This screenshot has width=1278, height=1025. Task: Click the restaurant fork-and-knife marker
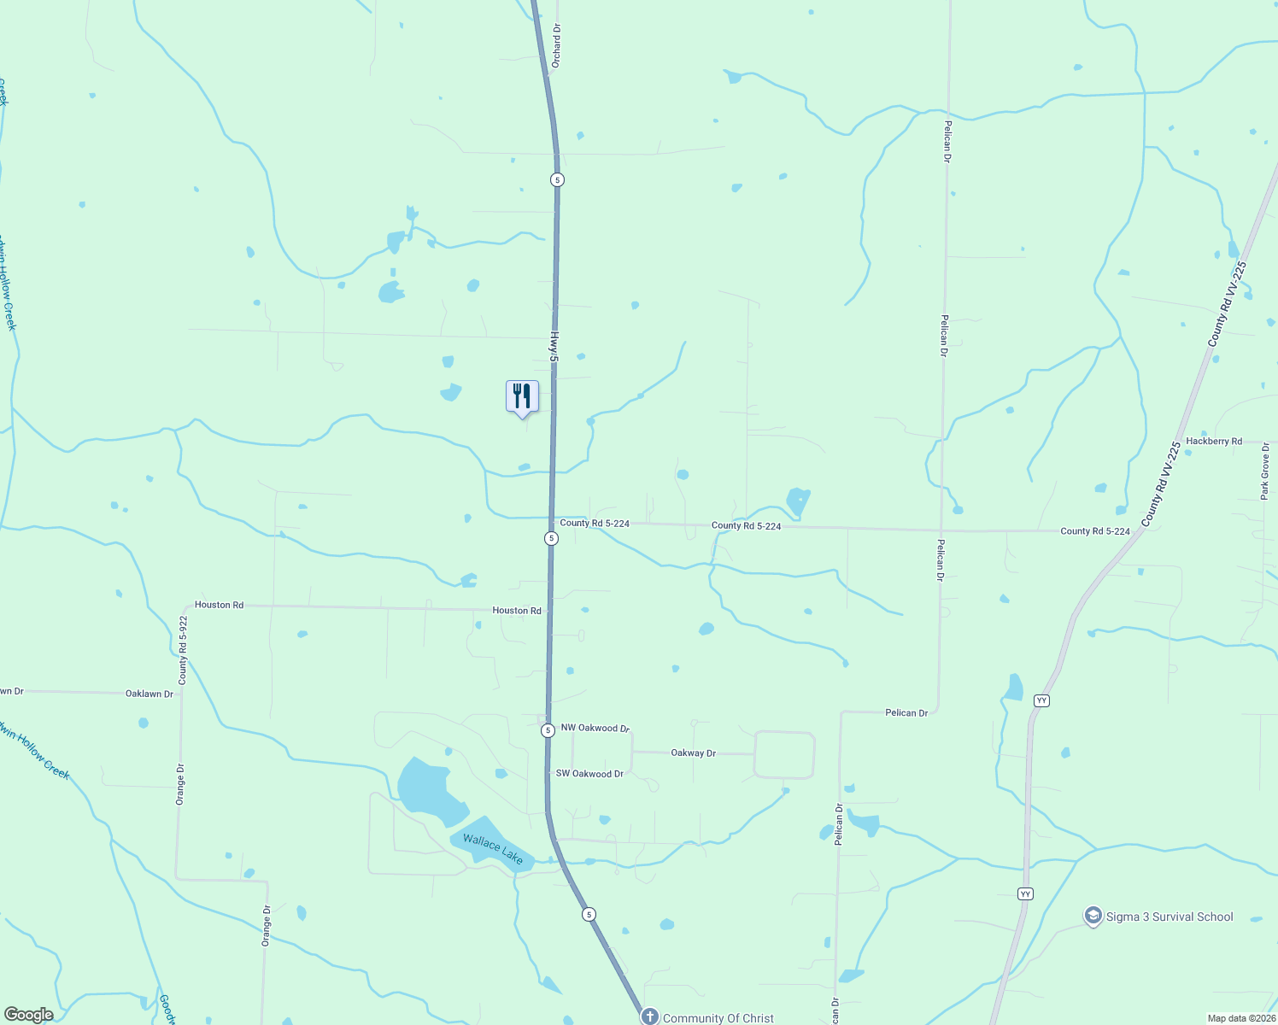pyautogui.click(x=522, y=397)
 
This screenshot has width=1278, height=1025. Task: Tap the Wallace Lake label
pyautogui.click(x=493, y=848)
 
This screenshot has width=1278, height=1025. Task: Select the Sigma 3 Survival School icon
pyautogui.click(x=1093, y=917)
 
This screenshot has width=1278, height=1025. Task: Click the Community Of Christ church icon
pyautogui.click(x=650, y=1016)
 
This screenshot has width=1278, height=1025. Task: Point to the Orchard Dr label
pyautogui.click(x=556, y=46)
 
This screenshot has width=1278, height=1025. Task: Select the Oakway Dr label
pyautogui.click(x=694, y=753)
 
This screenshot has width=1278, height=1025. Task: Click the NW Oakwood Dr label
pyautogui.click(x=595, y=729)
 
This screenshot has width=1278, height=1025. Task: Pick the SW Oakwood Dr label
pyautogui.click(x=589, y=774)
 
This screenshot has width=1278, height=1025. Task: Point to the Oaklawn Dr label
pyautogui.click(x=149, y=694)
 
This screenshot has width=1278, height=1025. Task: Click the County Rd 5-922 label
pyautogui.click(x=183, y=650)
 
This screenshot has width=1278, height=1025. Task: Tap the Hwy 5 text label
pyautogui.click(x=553, y=346)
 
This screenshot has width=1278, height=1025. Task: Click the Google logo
pyautogui.click(x=28, y=1015)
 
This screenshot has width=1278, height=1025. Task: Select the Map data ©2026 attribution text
pyautogui.click(x=1241, y=1018)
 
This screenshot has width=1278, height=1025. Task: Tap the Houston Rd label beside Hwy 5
pyautogui.click(x=517, y=611)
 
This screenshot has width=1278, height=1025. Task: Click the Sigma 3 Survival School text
pyautogui.click(x=1170, y=917)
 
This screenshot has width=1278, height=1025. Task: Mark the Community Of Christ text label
pyautogui.click(x=718, y=1018)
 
